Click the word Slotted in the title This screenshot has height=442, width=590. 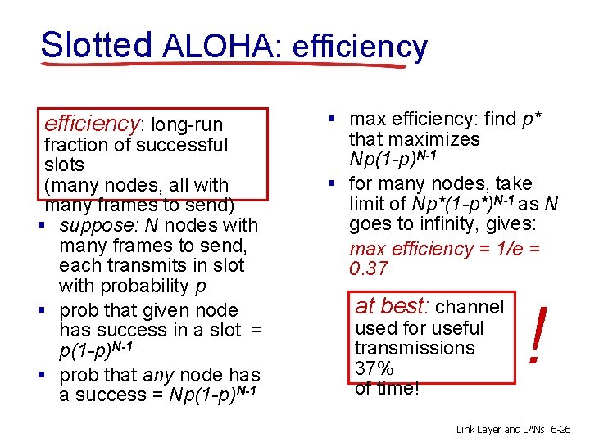pos(96,45)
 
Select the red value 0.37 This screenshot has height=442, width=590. pos(368,269)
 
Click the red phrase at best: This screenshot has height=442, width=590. pos(393,307)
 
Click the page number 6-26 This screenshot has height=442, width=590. pos(564,428)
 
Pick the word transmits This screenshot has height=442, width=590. pos(143,265)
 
